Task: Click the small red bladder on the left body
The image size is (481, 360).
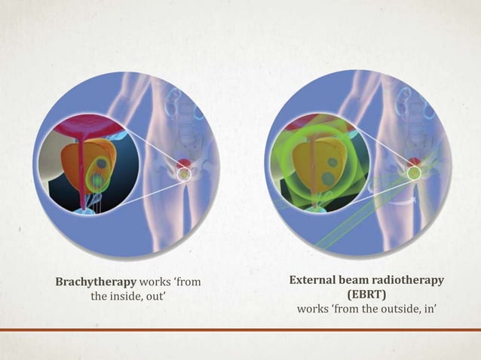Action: tap(183, 163)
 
